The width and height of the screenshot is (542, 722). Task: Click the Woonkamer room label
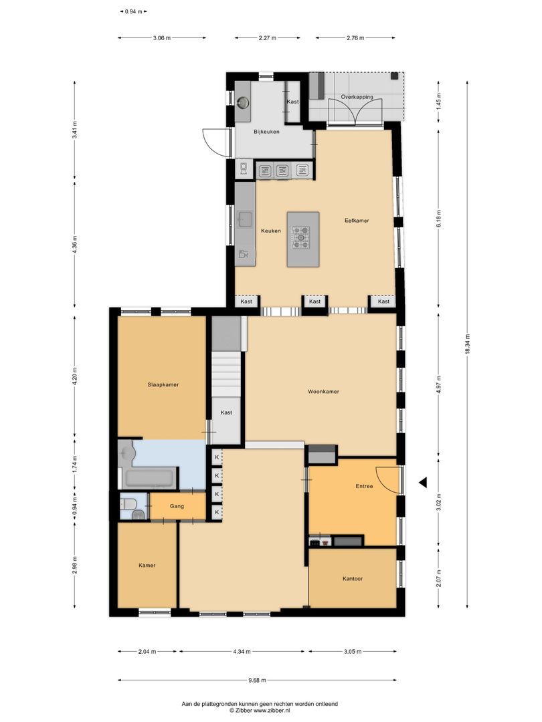(x=323, y=392)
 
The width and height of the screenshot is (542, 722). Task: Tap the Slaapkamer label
(x=163, y=385)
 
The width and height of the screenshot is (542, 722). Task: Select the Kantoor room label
(x=353, y=578)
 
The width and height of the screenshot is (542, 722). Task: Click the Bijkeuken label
(x=266, y=132)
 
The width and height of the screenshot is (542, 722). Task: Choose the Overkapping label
(x=357, y=97)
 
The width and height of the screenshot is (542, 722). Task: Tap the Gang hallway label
(x=177, y=506)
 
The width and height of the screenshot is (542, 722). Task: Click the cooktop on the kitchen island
(x=301, y=237)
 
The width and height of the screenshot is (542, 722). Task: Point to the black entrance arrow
(x=422, y=482)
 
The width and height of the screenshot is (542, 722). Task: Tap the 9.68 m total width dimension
(x=257, y=681)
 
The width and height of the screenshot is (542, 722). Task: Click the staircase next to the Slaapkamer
(x=226, y=375)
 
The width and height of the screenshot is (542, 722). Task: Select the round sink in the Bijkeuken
(x=243, y=102)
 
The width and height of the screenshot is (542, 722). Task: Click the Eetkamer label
(x=357, y=220)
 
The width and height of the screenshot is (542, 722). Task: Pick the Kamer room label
(x=147, y=565)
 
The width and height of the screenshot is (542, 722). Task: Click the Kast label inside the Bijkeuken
(x=293, y=102)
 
